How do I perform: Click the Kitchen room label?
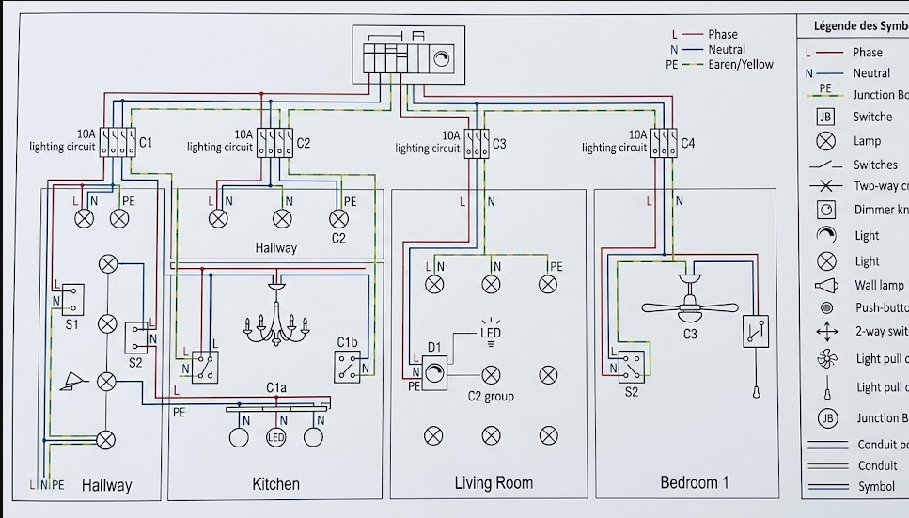[275, 484]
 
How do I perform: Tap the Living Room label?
[494, 483]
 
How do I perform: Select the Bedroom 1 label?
[694, 482]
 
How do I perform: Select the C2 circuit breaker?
[276, 143]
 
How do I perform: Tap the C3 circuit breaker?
[477, 144]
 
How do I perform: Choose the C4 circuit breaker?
[663, 144]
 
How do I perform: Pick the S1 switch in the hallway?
[72, 299]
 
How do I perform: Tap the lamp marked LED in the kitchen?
[276, 437]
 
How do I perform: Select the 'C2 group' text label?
[491, 397]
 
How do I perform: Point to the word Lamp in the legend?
[867, 141]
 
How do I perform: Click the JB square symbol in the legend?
[825, 118]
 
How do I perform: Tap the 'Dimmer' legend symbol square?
[826, 210]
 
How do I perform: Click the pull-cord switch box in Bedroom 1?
[756, 332]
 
